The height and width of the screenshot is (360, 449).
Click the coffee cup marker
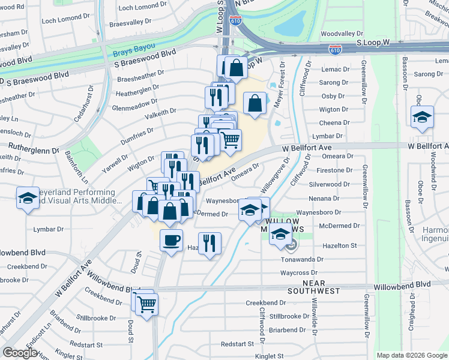tap(172, 241)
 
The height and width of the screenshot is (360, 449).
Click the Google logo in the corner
tap(20, 352)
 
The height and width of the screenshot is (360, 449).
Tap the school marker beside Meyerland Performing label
tap(27, 198)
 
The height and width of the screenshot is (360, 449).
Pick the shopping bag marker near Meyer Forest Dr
tap(255, 103)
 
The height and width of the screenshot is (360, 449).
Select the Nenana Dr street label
tap(333, 198)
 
